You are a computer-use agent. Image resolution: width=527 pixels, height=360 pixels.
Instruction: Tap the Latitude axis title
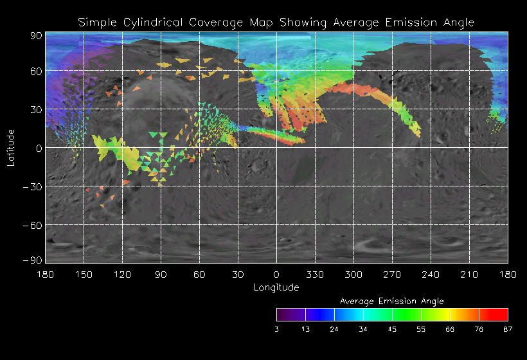pyautogui.click(x=10, y=148)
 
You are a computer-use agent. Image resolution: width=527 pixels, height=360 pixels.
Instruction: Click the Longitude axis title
pyautogui.click(x=276, y=287)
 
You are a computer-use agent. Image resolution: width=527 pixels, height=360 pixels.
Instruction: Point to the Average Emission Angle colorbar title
pyautogui.click(x=391, y=301)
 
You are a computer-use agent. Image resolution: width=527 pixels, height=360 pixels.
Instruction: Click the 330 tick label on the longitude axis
pyautogui.click(x=315, y=274)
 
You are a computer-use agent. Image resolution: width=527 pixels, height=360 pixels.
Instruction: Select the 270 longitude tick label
pyautogui.click(x=392, y=274)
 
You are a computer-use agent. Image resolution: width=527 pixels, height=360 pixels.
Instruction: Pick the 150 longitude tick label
pyautogui.click(x=84, y=274)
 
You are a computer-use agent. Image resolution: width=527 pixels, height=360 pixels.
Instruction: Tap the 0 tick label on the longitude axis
pyautogui.click(x=276, y=274)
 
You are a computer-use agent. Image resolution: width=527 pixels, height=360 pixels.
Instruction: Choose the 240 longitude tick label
pyautogui.click(x=431, y=274)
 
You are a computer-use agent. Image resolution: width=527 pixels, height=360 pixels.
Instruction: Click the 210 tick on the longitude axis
pyautogui.click(x=469, y=274)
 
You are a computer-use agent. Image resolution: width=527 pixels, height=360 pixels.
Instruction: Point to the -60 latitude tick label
pyautogui.click(x=32, y=225)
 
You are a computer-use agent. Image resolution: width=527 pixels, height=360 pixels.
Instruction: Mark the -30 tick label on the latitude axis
pyautogui.click(x=32, y=186)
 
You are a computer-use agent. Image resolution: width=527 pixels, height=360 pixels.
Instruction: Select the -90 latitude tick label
pyautogui.click(x=32, y=260)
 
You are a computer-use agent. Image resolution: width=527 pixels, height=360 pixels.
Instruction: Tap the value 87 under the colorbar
pyautogui.click(x=508, y=329)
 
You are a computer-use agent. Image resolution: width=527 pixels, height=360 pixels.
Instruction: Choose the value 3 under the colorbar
pyautogui.click(x=276, y=329)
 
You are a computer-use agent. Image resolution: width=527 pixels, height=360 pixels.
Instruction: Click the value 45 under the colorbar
pyautogui.click(x=392, y=329)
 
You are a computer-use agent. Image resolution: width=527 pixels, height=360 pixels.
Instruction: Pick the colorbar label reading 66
pyautogui.click(x=450, y=329)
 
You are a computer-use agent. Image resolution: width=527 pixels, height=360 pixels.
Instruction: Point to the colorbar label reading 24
pyautogui.click(x=334, y=329)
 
